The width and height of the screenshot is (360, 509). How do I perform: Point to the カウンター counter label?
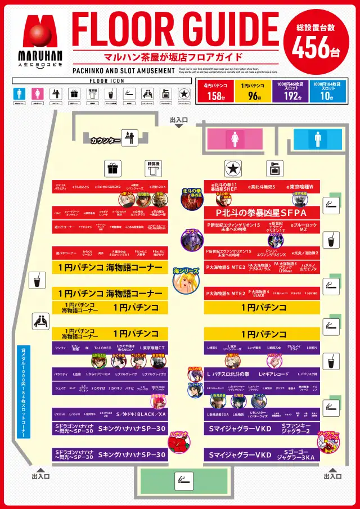(106, 140)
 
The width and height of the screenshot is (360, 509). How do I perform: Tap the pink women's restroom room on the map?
(234, 138)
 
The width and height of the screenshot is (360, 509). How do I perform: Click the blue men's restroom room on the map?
(318, 138)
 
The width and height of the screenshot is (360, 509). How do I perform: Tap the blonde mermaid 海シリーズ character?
(186, 280)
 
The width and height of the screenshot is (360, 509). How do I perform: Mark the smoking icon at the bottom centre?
(184, 480)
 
